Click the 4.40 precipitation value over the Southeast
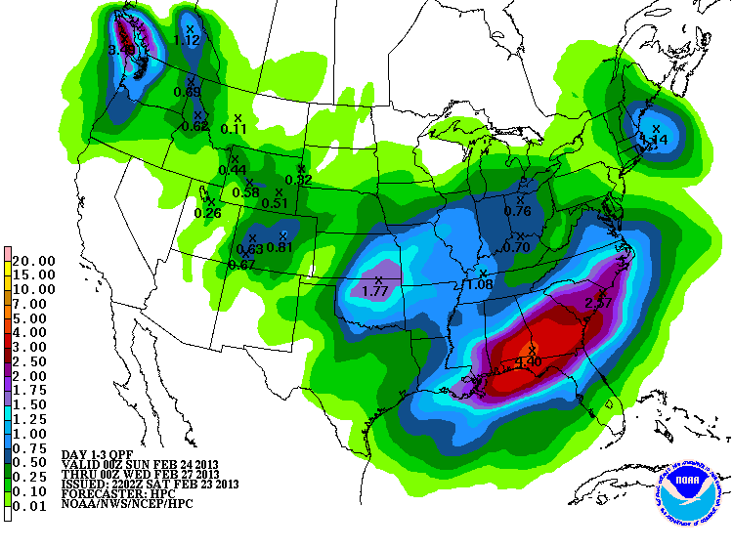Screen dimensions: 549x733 [529, 361]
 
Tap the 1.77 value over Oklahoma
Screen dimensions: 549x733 [377, 291]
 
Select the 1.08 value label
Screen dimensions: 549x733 [480, 284]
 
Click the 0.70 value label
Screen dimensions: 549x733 [517, 248]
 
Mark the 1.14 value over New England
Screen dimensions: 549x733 [653, 140]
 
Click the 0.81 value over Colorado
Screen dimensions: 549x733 [280, 247]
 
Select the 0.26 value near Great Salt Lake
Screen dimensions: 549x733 [208, 213]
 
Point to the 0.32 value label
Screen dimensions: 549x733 [298, 180]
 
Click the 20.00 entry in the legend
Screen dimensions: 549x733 [34, 261]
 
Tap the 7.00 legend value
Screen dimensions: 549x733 [34, 304]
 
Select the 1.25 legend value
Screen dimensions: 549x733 [34, 419]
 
